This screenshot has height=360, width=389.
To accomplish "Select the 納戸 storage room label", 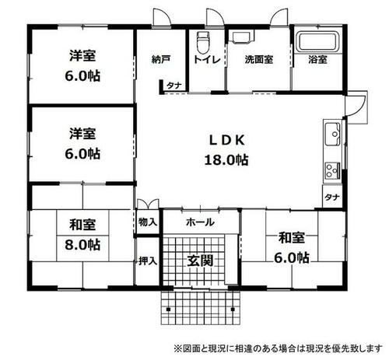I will pyautogui.click(x=160, y=59).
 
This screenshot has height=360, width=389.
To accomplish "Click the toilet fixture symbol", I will pyautogui.click(x=205, y=40).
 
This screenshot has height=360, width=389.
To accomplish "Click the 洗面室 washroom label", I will pyautogui.click(x=258, y=59).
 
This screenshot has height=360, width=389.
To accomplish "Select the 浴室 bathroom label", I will pyautogui.click(x=317, y=59).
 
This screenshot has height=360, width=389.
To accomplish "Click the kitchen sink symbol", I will pyautogui.click(x=330, y=131).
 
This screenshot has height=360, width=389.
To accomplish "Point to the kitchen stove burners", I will pyautogui.click(x=330, y=170).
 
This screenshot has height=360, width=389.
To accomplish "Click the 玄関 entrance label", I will pyautogui.click(x=198, y=260).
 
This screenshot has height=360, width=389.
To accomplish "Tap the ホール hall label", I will pyautogui.click(x=200, y=222).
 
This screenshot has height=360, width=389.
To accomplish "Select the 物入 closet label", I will pyautogui.click(x=148, y=222).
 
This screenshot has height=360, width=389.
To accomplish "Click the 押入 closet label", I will pyautogui.click(x=148, y=260).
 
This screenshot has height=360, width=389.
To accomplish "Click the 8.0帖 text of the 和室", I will pyautogui.click(x=82, y=244).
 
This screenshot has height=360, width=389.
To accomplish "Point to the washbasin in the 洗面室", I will pyautogui.click(x=242, y=37).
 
